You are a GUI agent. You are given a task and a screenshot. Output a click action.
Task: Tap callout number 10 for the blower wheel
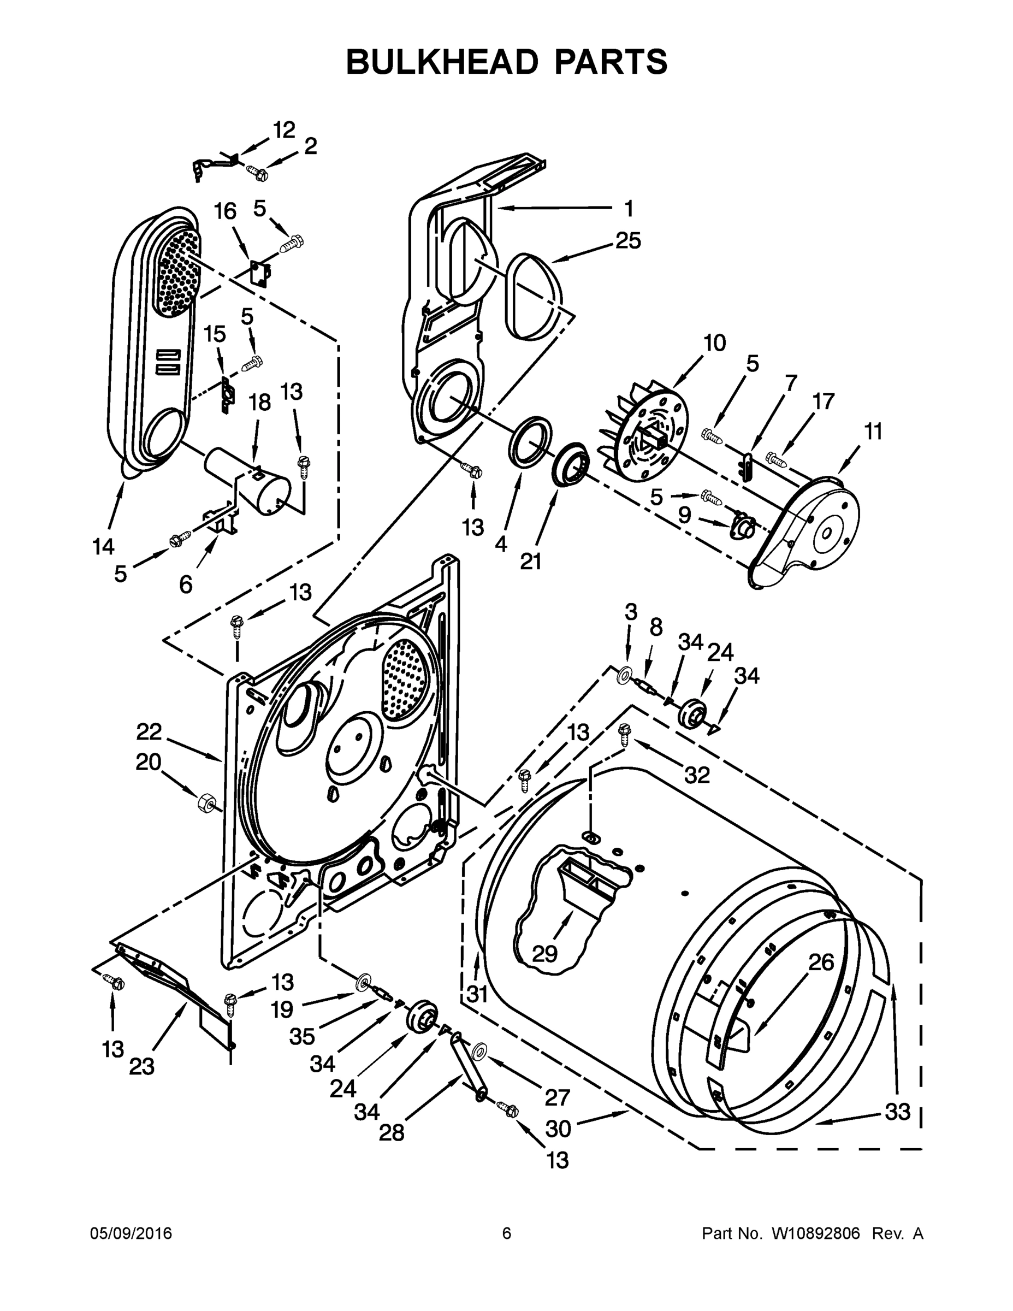tap(714, 344)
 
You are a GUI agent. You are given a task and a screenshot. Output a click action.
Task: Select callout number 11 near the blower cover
tap(873, 431)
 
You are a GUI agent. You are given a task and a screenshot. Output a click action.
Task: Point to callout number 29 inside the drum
tap(545, 953)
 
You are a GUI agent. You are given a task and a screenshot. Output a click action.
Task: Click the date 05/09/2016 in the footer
tap(131, 1233)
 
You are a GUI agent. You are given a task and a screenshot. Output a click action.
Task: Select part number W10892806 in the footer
tap(815, 1233)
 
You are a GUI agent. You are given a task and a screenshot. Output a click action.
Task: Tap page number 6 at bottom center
tap(507, 1233)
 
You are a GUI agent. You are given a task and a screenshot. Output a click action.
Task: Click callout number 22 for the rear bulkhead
tap(149, 732)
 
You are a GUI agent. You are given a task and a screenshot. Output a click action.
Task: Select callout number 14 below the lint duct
tap(103, 546)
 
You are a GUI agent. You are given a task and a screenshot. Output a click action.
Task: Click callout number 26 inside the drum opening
tap(821, 963)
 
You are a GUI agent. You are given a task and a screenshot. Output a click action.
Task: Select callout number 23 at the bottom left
tap(141, 1067)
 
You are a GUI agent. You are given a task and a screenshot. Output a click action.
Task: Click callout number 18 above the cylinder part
tap(260, 402)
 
